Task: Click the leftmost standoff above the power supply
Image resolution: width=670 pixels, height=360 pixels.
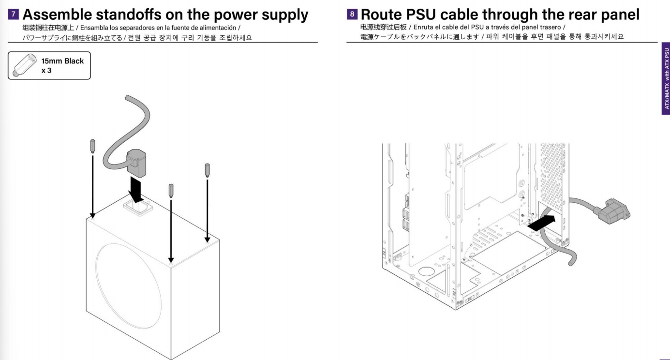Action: [93, 146]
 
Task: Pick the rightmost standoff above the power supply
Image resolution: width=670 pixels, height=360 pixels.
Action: [207, 170]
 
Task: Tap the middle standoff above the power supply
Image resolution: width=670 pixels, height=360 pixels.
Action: [170, 190]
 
